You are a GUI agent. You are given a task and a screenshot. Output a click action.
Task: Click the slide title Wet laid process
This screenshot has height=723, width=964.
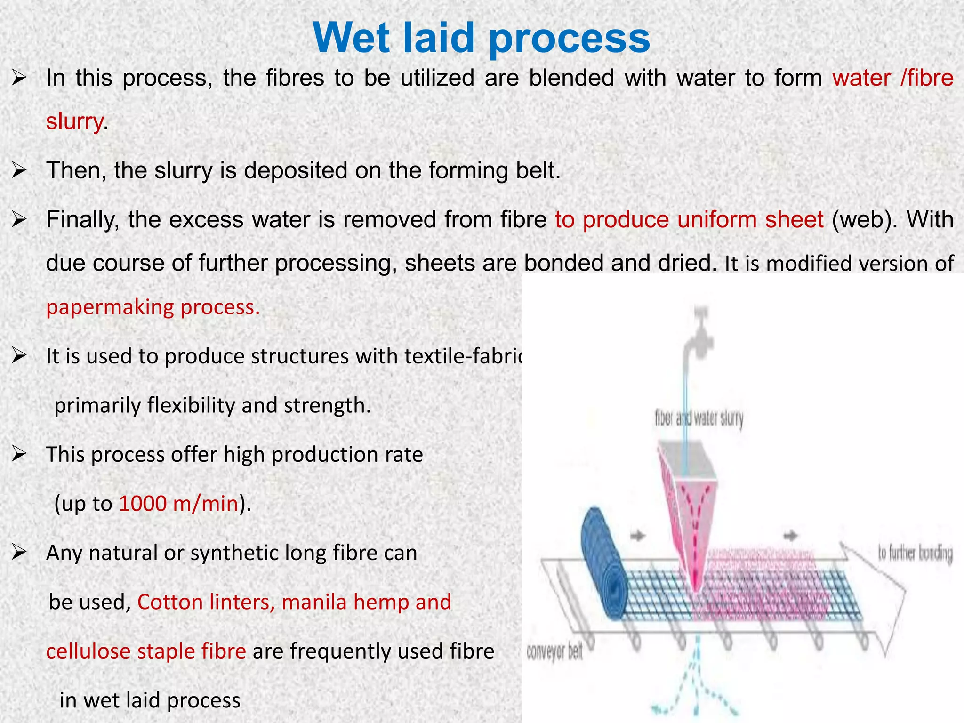[481, 38]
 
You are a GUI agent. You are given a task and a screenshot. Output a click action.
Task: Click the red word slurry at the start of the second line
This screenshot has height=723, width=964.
[74, 121]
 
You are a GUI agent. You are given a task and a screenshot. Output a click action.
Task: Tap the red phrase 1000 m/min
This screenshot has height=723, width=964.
[178, 504]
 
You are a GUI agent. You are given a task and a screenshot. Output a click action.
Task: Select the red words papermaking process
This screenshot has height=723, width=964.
[153, 307]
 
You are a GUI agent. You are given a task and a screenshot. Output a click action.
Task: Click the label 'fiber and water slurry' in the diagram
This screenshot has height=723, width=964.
[699, 418]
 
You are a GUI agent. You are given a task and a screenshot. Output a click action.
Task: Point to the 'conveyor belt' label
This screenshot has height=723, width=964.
[554, 652]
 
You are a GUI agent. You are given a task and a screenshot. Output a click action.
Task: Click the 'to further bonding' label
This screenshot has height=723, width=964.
[915, 553]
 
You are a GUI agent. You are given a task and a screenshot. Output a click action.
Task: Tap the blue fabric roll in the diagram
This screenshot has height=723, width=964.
[605, 565]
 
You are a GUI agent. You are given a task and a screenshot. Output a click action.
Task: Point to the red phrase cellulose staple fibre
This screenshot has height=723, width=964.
[146, 651]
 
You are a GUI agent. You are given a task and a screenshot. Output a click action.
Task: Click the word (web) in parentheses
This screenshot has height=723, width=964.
[861, 220]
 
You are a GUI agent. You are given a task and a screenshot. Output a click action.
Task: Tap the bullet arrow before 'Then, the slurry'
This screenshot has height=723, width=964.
[19, 170]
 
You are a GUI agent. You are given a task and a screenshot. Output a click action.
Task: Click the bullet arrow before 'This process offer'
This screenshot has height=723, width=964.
[19, 455]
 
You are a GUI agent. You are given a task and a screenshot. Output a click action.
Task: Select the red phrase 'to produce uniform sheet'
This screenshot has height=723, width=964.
[689, 220]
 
